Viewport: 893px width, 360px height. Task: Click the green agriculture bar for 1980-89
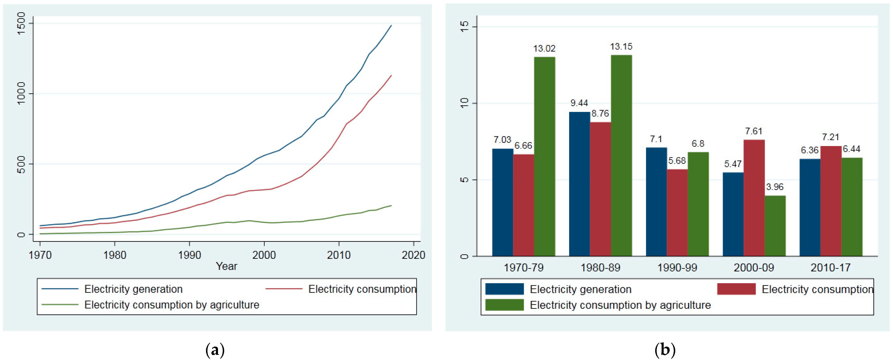pyautogui.click(x=621, y=155)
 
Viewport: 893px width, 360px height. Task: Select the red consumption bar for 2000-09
pyautogui.click(x=754, y=198)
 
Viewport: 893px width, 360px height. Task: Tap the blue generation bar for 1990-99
pyautogui.click(x=656, y=202)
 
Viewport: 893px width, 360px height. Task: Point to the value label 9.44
pyautogui.click(x=579, y=103)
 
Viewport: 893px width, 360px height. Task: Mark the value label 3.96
pyautogui.click(x=775, y=187)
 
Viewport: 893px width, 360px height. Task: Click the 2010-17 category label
pyautogui.click(x=831, y=268)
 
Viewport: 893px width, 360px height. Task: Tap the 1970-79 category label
pyautogui.click(x=523, y=268)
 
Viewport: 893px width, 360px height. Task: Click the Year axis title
pyautogui.click(x=226, y=266)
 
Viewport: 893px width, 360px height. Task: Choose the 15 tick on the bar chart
pyautogui.click(x=464, y=26)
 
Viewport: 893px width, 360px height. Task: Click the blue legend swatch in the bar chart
pyautogui.click(x=504, y=289)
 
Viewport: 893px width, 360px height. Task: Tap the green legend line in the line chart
pyautogui.click(x=60, y=304)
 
